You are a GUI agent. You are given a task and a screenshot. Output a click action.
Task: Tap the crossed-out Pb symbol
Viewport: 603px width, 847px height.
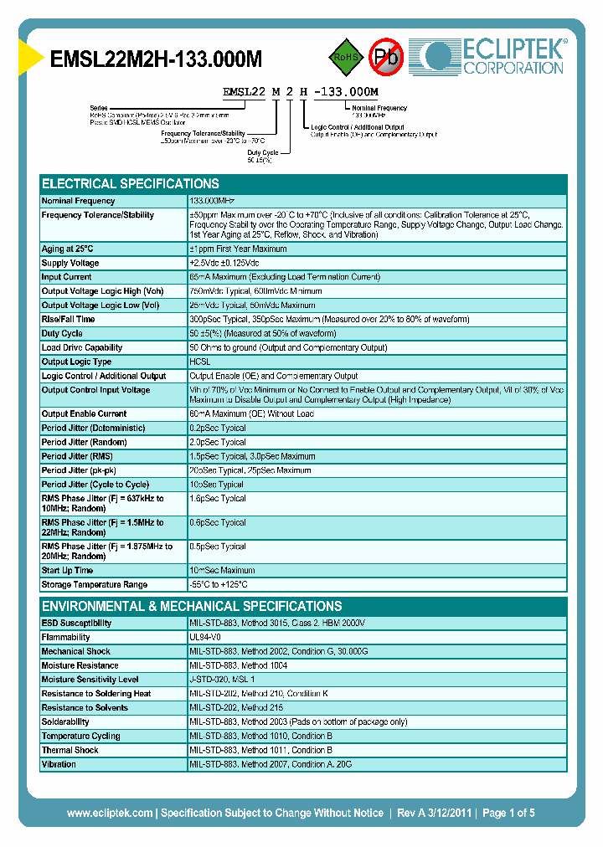pyautogui.click(x=387, y=57)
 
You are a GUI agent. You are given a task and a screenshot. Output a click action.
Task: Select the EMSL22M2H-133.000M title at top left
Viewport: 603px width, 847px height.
pyautogui.click(x=156, y=59)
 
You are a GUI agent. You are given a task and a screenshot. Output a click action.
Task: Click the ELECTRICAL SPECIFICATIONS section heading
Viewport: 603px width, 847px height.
pyautogui.click(x=131, y=183)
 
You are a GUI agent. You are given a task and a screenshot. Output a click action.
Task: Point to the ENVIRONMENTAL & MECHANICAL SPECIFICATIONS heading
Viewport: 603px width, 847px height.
pyautogui.click(x=192, y=606)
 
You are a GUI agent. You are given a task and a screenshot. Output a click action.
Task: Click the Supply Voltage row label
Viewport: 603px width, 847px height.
pyautogui.click(x=70, y=263)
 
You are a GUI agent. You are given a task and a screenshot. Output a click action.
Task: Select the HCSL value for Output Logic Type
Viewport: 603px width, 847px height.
pyautogui.click(x=200, y=362)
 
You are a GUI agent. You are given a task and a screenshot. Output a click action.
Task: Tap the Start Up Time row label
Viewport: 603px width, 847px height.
pyautogui.click(x=67, y=570)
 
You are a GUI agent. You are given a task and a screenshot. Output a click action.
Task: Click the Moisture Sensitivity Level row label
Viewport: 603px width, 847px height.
pyautogui.click(x=90, y=680)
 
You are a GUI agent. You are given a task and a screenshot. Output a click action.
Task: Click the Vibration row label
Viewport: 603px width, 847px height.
pyautogui.click(x=59, y=764)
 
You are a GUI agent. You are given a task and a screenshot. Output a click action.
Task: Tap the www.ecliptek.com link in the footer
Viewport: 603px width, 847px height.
pyautogui.click(x=110, y=813)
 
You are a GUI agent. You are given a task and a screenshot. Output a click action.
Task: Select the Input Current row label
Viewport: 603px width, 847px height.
pyautogui.click(x=66, y=277)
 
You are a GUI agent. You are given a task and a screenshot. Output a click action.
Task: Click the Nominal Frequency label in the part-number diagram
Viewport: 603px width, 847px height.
pyautogui.click(x=379, y=108)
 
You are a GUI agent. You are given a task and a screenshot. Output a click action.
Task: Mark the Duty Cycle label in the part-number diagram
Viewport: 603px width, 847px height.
pyautogui.click(x=262, y=152)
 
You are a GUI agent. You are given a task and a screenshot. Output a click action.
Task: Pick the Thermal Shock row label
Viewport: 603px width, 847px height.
pyautogui.click(x=70, y=750)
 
